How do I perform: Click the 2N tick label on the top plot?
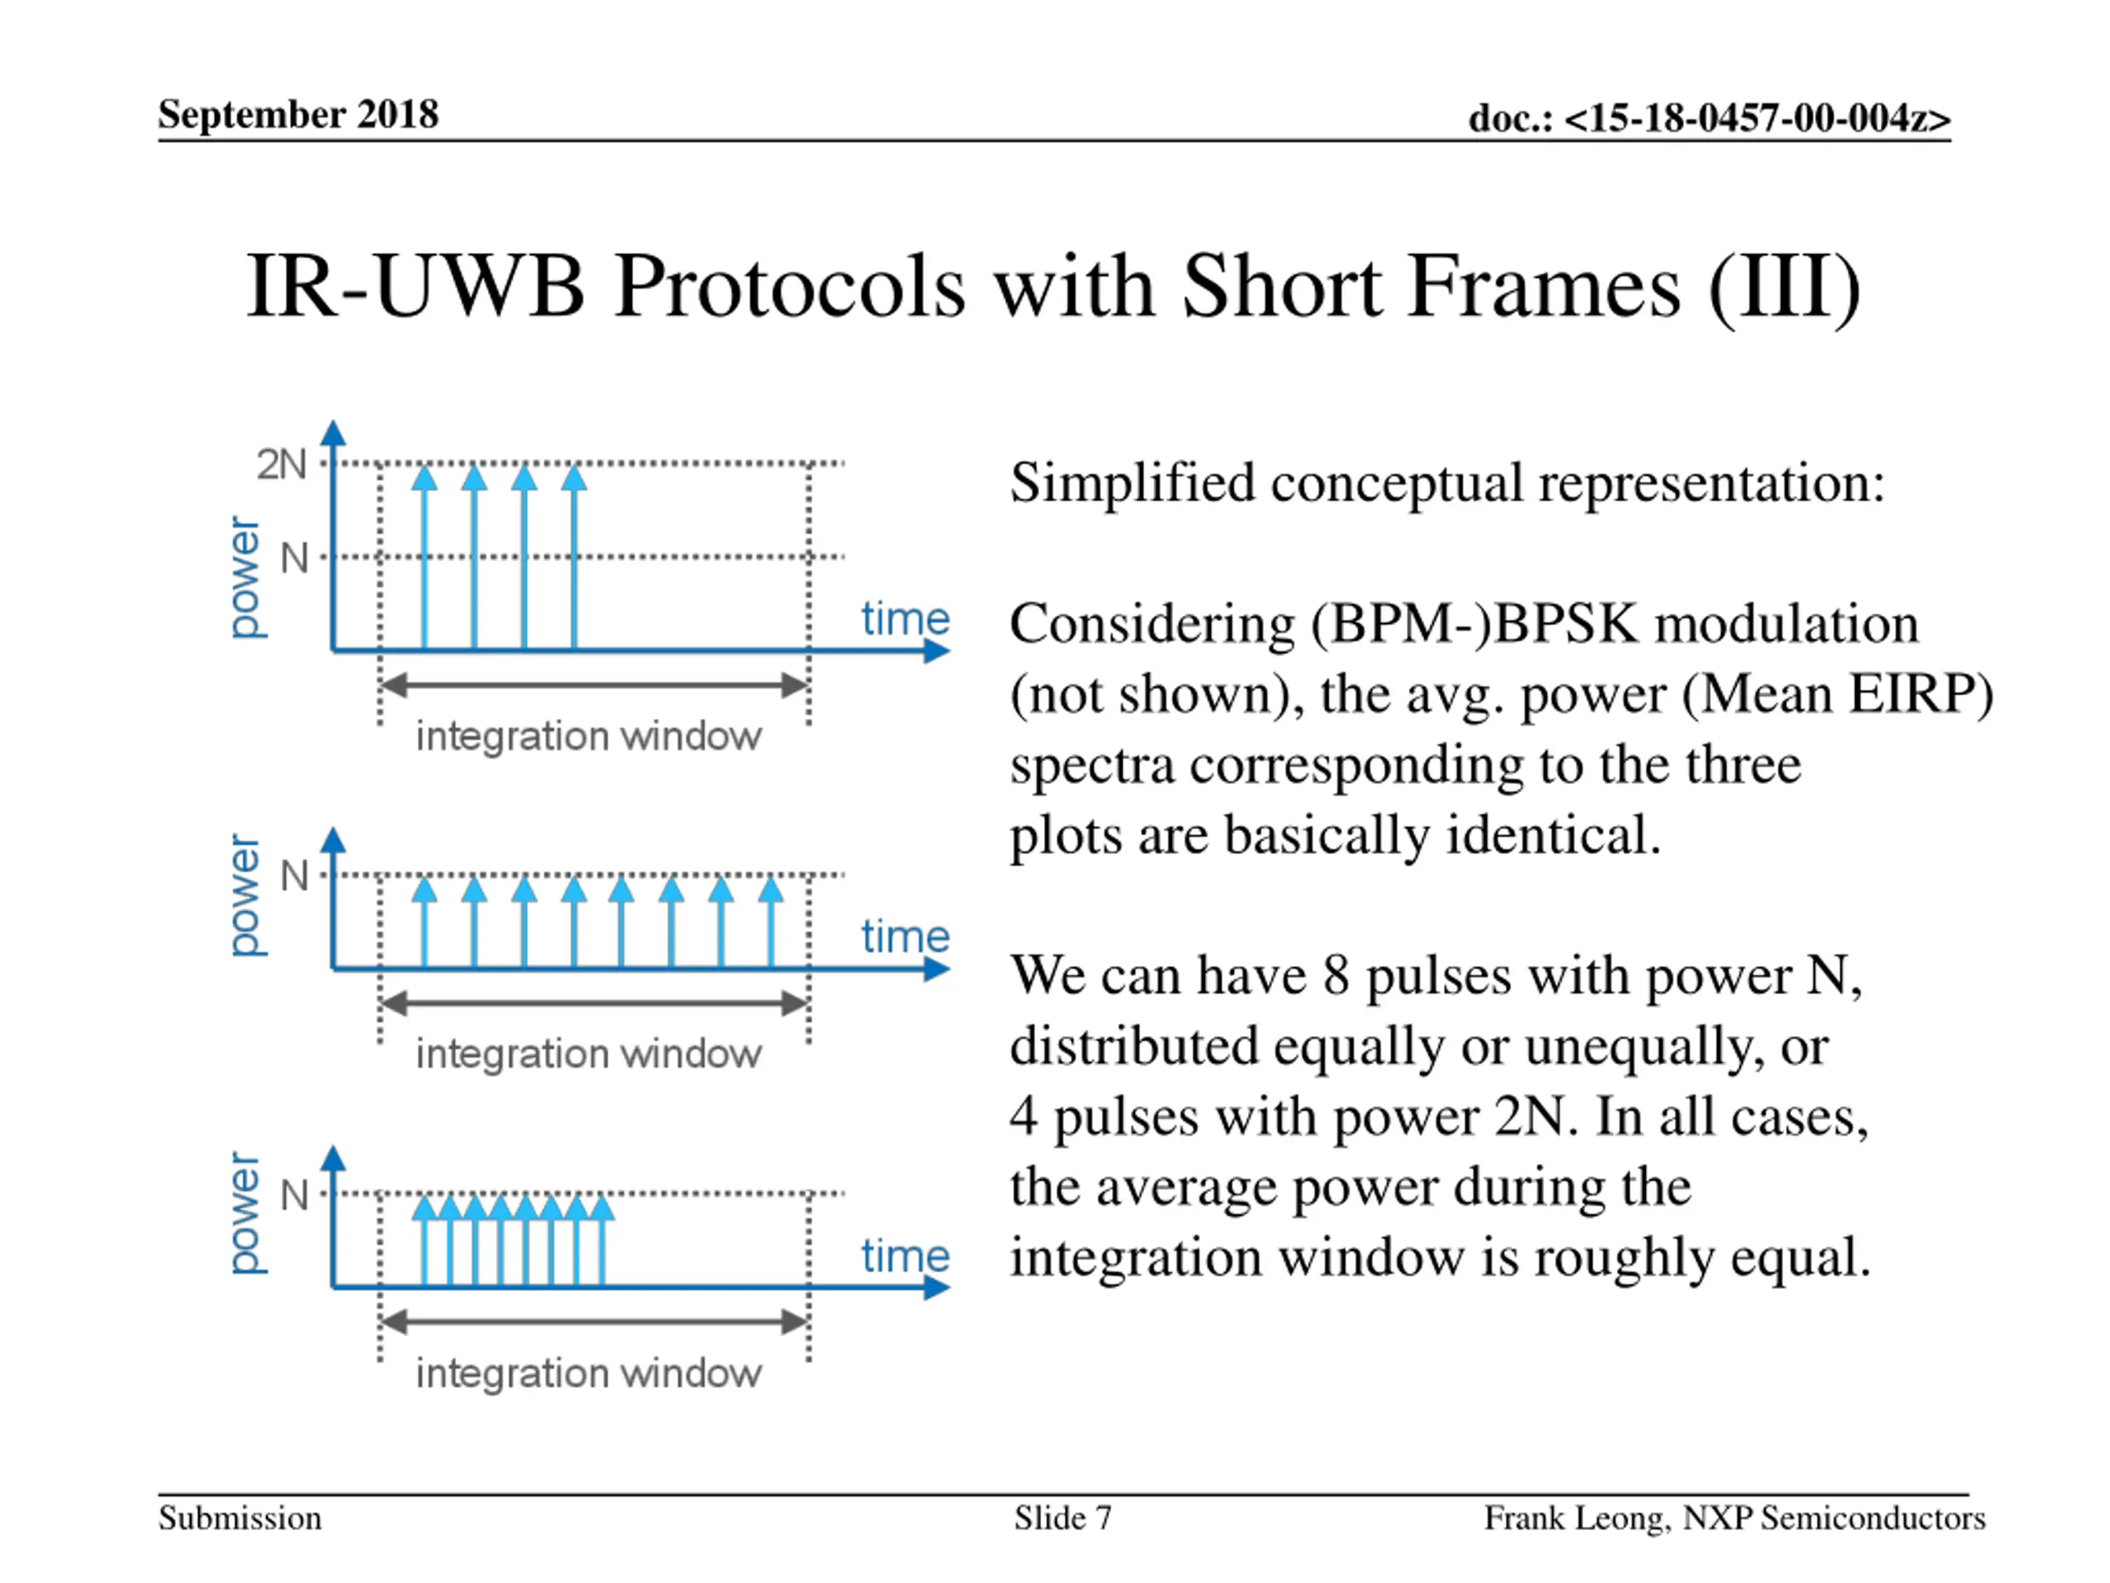281,465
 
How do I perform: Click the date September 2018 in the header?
298,115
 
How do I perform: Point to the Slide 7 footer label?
1062,1517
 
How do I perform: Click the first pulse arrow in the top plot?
424,558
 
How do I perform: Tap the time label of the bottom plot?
905,1256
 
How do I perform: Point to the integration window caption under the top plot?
588,736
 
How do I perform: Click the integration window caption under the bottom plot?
588,1373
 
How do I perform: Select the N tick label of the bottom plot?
295,1195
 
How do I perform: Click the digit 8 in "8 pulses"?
1335,975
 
